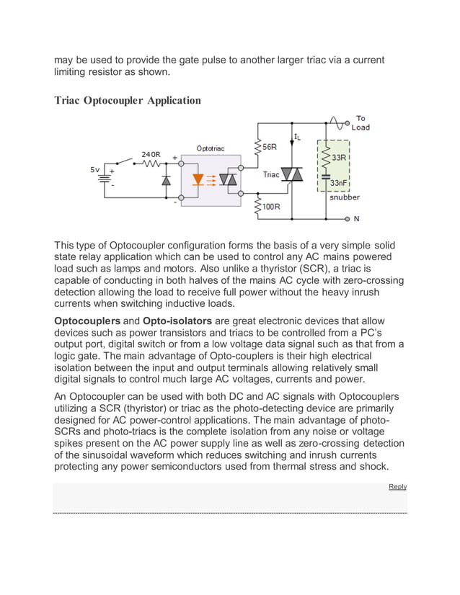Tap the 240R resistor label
pos(151,153)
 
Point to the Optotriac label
pos(210,148)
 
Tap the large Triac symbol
pos(292,174)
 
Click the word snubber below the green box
pos(345,197)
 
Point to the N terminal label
pos(356,218)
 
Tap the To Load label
pos(361,123)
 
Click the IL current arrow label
pos(297,136)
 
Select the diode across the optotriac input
pos(166,180)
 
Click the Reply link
pos(397,487)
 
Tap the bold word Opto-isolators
pos(175,321)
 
